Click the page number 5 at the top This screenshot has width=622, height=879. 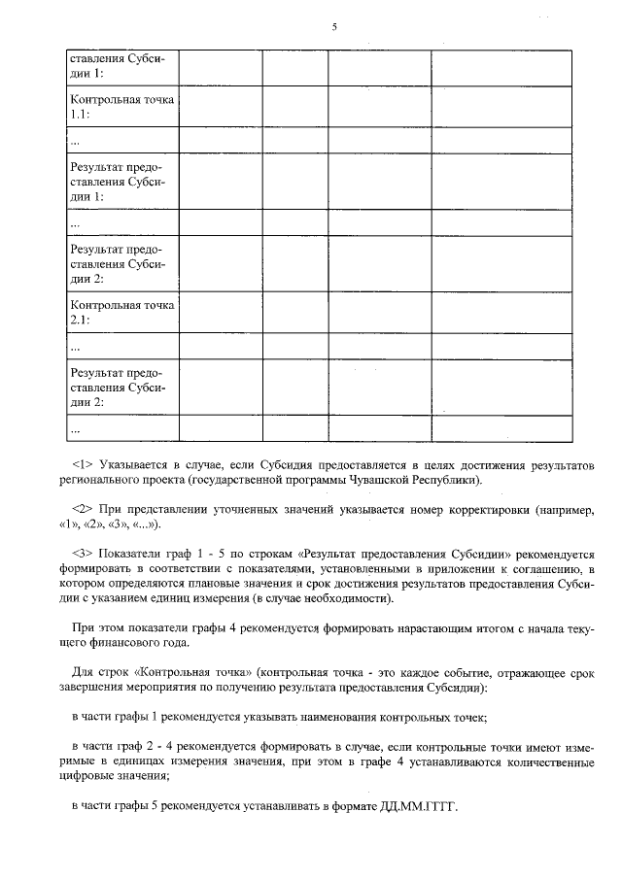coord(333,27)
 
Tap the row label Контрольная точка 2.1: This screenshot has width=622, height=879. coord(121,311)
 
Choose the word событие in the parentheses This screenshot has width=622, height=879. coord(464,672)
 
